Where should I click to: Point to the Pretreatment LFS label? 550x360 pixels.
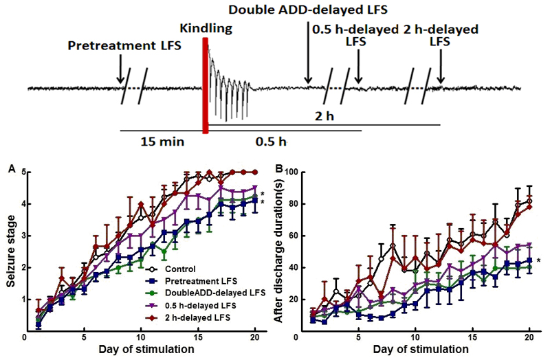(x=120, y=46)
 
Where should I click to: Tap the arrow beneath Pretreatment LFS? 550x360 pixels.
(x=120, y=69)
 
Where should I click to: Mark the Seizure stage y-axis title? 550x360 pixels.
(x=8, y=251)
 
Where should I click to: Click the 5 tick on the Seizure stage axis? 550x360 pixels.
(x=19, y=172)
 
